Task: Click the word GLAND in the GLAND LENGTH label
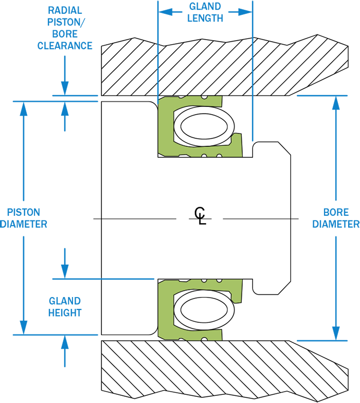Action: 205,6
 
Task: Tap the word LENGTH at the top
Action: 205,19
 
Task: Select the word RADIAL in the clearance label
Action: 65,10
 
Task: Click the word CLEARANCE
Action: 65,46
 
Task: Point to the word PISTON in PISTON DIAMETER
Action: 24,212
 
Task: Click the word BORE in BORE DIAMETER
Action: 336,212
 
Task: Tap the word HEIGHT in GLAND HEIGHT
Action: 65,313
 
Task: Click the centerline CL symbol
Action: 200,216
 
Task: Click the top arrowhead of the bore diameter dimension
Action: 336,103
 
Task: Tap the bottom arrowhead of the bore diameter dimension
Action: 336,334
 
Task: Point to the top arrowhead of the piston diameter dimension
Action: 24,108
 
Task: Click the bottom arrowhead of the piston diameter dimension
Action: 24,328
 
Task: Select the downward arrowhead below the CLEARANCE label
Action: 65,88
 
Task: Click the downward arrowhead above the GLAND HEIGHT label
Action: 65,272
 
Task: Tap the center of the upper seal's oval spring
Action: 204,126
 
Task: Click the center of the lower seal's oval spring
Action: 204,310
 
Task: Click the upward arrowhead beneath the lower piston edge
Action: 65,342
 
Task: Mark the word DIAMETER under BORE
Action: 336,224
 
